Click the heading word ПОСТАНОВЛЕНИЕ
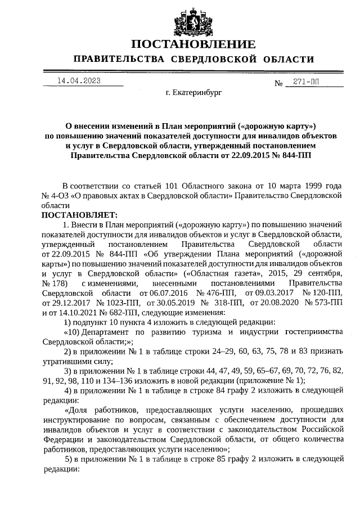193,44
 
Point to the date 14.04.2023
78,81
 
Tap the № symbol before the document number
278,84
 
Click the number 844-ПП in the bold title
293,154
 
